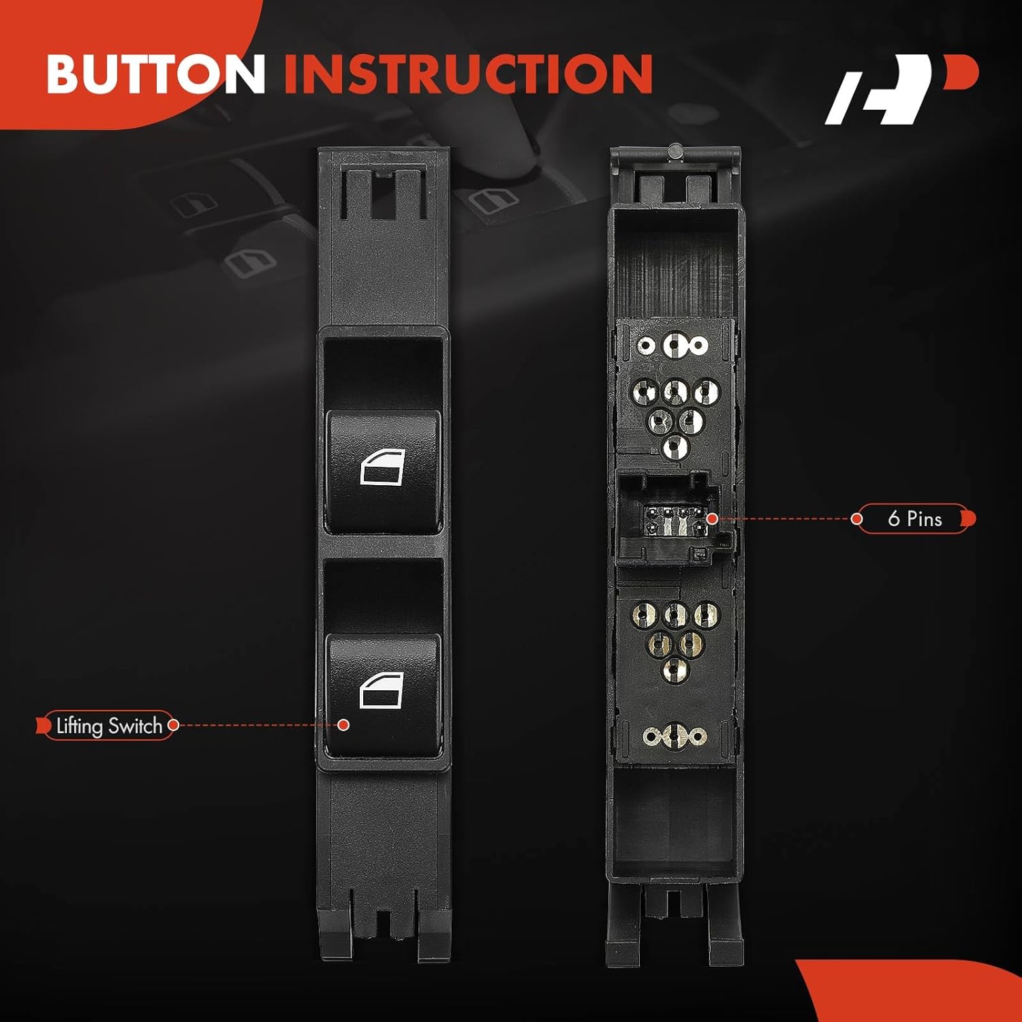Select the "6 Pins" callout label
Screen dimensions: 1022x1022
(x=914, y=519)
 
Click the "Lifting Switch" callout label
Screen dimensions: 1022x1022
(x=108, y=726)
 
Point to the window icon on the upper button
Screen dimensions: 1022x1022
(x=382, y=467)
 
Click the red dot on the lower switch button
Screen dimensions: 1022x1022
(x=344, y=725)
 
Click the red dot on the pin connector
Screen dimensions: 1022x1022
(x=712, y=519)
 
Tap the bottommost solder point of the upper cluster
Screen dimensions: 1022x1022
(x=675, y=447)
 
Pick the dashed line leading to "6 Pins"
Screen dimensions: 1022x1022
(x=784, y=519)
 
